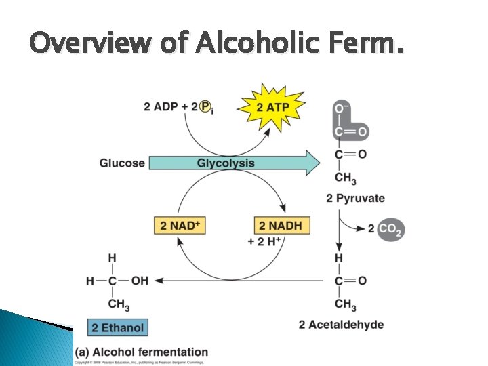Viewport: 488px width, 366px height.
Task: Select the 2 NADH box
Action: coord(282,226)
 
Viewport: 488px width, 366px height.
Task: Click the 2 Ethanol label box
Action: coord(117,328)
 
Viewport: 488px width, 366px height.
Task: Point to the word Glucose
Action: coord(122,163)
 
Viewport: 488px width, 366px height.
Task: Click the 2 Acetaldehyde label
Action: coord(340,325)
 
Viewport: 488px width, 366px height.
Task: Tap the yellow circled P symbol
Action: coord(205,106)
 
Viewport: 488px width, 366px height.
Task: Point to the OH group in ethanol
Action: coord(139,280)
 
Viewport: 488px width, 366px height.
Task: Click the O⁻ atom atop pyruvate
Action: coord(342,108)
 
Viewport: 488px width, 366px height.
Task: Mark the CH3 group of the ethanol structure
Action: coord(118,302)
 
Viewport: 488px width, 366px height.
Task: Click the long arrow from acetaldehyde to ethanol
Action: coord(237,280)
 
